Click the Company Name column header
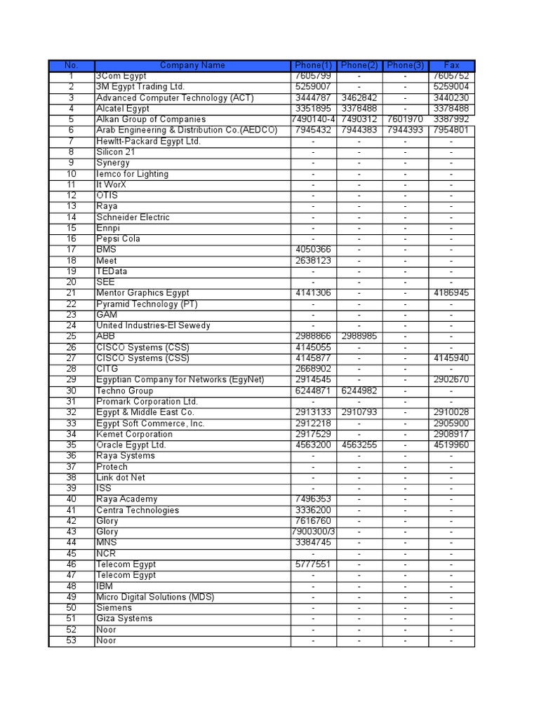pyautogui.click(x=192, y=65)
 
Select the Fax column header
pyautogui.click(x=451, y=65)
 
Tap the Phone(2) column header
pyautogui.click(x=359, y=65)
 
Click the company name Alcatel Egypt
pyautogui.click(x=123, y=109)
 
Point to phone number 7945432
pyautogui.click(x=313, y=130)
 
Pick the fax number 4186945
pyautogui.click(x=451, y=293)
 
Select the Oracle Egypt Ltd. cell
pyautogui.click(x=131, y=445)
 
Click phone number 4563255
pyautogui.click(x=359, y=445)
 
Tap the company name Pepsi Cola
pyautogui.click(x=118, y=238)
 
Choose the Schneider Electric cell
pyautogui.click(x=133, y=217)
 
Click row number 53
pyautogui.click(x=71, y=640)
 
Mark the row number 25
pyautogui.click(x=71, y=337)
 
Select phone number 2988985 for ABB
pyautogui.click(x=359, y=337)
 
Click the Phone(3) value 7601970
pyautogui.click(x=405, y=120)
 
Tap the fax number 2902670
pyautogui.click(x=451, y=379)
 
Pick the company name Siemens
pyautogui.click(x=114, y=608)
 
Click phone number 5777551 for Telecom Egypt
pyautogui.click(x=313, y=564)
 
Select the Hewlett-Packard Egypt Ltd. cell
pyautogui.click(x=148, y=141)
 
